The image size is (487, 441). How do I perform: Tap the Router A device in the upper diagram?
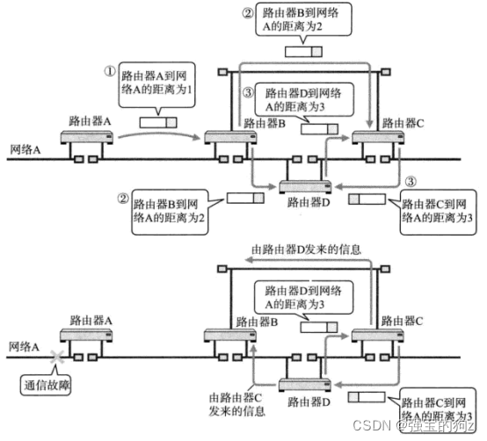(84, 139)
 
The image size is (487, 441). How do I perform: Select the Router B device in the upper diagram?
(227, 139)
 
